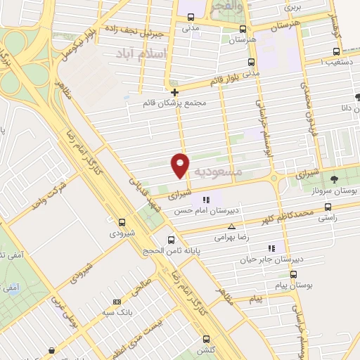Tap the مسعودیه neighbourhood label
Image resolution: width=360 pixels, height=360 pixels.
coord(217,171)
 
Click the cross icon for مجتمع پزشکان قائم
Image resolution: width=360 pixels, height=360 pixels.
coord(174,91)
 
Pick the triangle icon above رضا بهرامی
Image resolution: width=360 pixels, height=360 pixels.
coord(232,226)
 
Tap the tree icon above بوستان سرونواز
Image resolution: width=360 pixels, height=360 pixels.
coord(334,179)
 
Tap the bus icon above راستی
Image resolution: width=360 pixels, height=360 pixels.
coord(328,207)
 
